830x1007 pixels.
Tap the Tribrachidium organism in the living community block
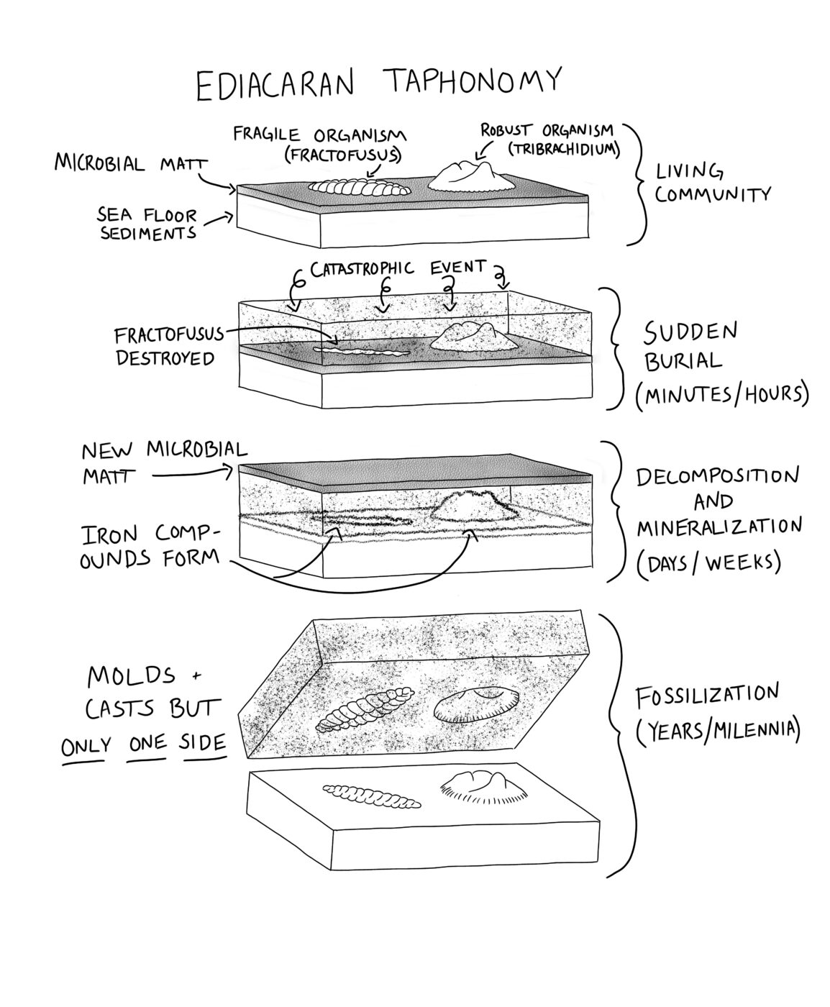tap(471, 176)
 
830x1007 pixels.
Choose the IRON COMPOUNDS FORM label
tap(150, 544)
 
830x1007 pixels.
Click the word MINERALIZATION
tap(719, 527)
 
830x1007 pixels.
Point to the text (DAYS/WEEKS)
tap(708, 562)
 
